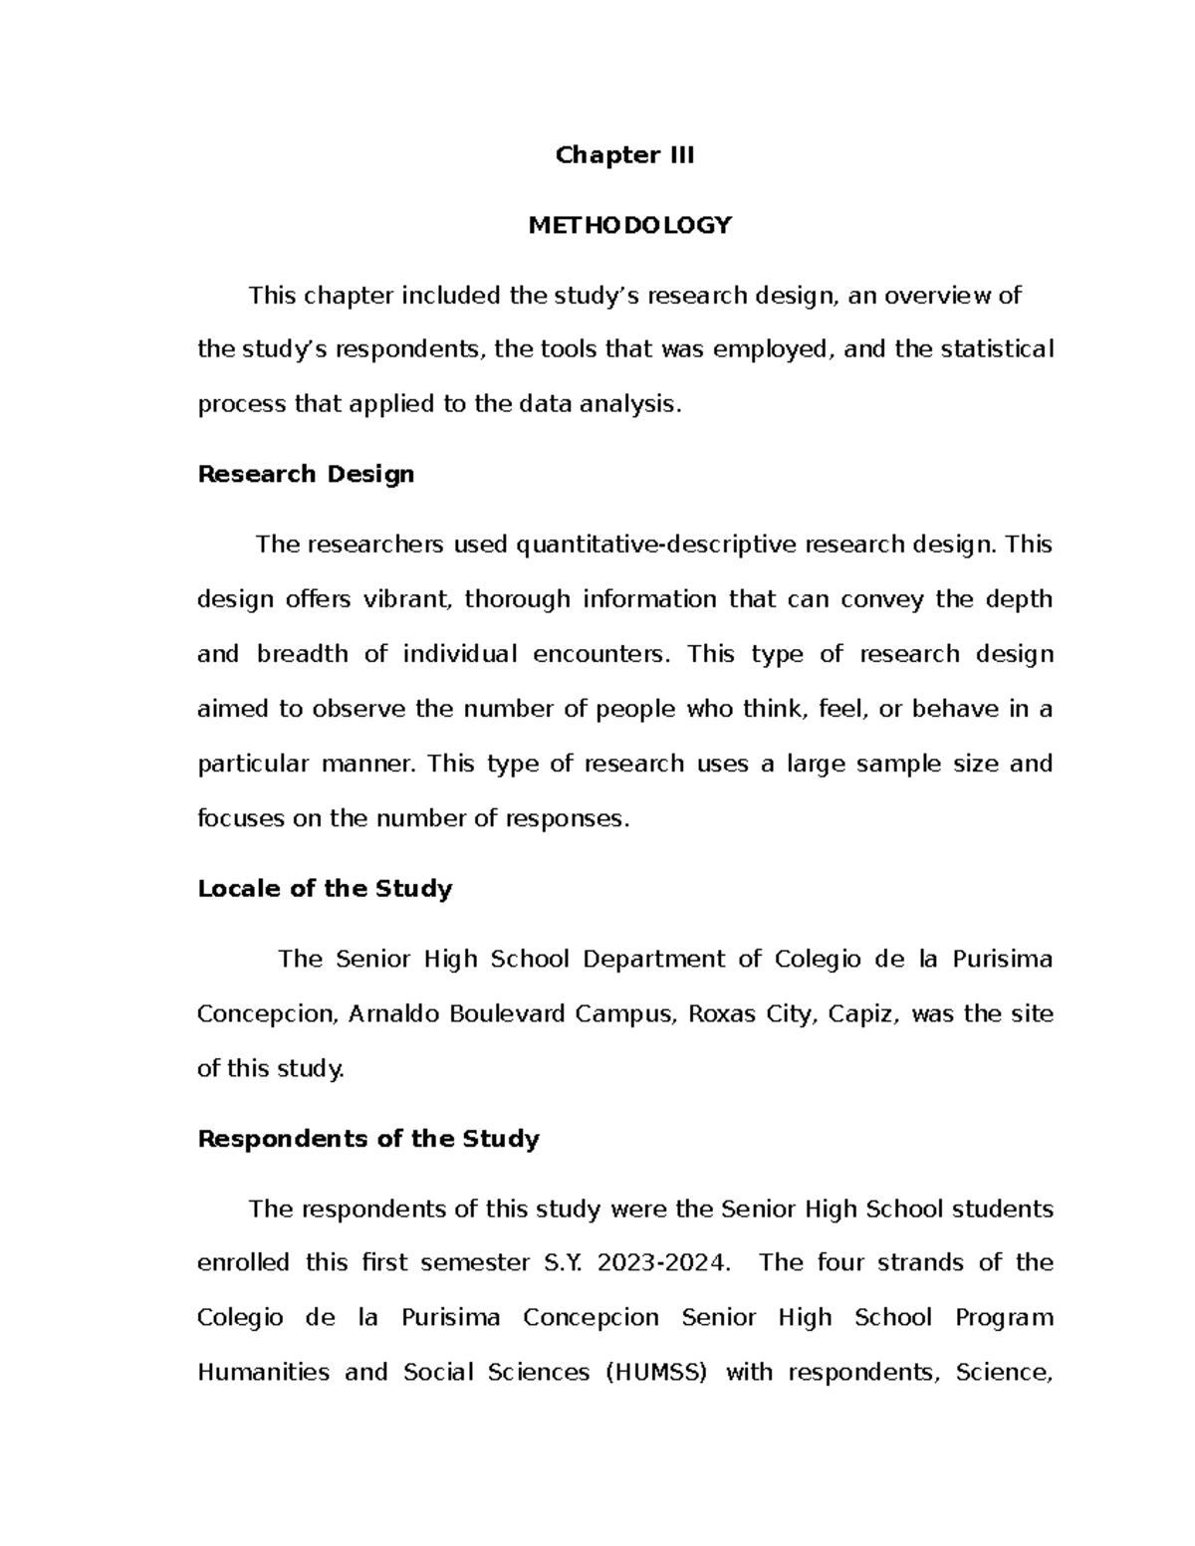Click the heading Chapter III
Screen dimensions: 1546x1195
tap(624, 155)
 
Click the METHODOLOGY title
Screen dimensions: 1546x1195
tap(629, 226)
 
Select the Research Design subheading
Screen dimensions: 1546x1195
tap(306, 474)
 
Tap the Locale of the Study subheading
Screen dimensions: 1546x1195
tap(325, 889)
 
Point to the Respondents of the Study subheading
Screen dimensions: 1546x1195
tap(368, 1139)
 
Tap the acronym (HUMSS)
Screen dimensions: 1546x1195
tap(657, 1373)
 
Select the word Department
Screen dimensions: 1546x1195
tap(653, 960)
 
